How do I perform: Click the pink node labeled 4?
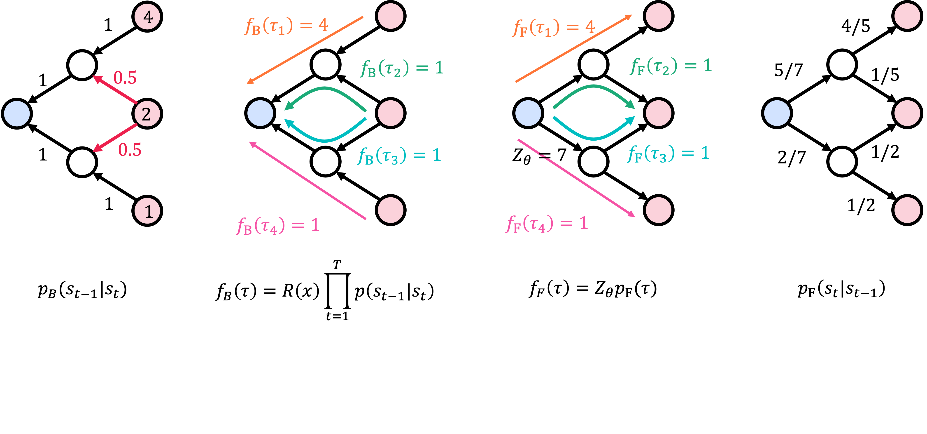[147, 17]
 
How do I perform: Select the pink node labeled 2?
[147, 114]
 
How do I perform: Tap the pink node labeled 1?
[147, 211]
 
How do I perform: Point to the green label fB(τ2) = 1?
[402, 68]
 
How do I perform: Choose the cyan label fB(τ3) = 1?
[399, 156]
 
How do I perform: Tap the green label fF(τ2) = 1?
[671, 66]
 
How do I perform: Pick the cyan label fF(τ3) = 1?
[668, 154]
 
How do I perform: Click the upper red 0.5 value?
[125, 78]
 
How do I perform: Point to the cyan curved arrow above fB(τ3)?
[325, 139]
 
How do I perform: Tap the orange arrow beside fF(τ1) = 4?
[574, 49]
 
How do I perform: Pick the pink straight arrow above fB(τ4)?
[308, 180]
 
